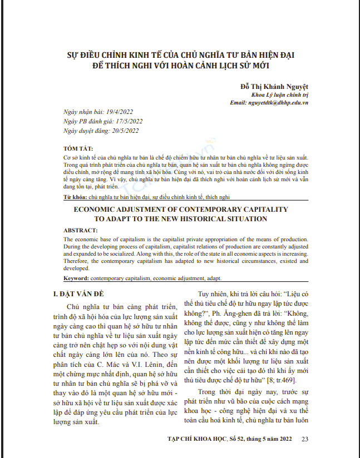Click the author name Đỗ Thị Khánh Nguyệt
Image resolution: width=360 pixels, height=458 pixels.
click(274, 86)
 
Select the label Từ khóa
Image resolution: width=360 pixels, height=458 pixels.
click(75, 197)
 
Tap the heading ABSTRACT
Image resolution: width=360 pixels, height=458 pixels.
click(81, 230)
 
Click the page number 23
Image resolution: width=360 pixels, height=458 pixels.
click(304, 439)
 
